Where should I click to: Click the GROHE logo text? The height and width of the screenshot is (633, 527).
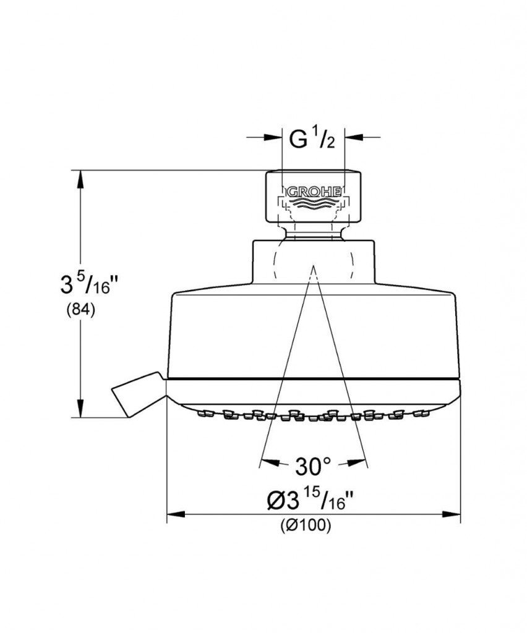(x=313, y=192)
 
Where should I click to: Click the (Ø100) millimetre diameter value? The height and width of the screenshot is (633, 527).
(x=306, y=525)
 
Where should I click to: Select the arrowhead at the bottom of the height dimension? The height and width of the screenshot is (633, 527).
(x=81, y=409)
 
